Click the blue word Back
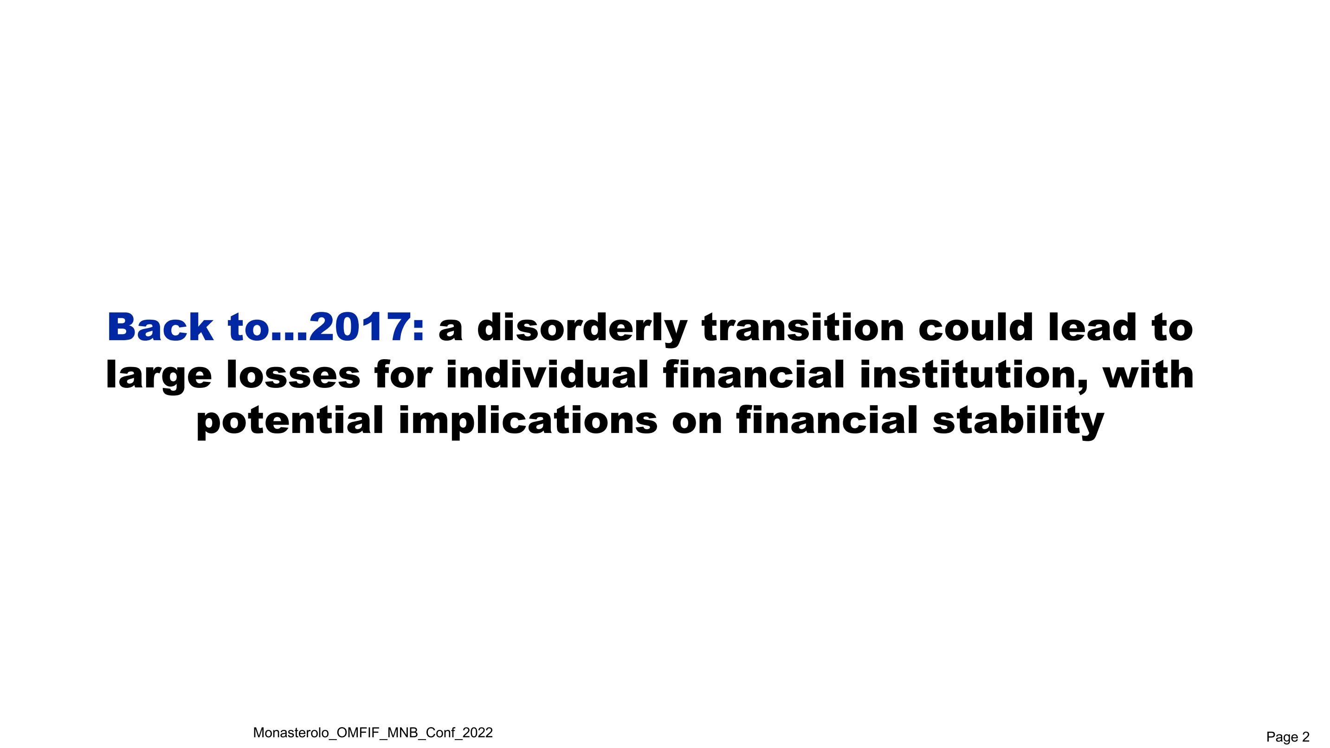pos(160,327)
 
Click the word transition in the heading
pos(802,327)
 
